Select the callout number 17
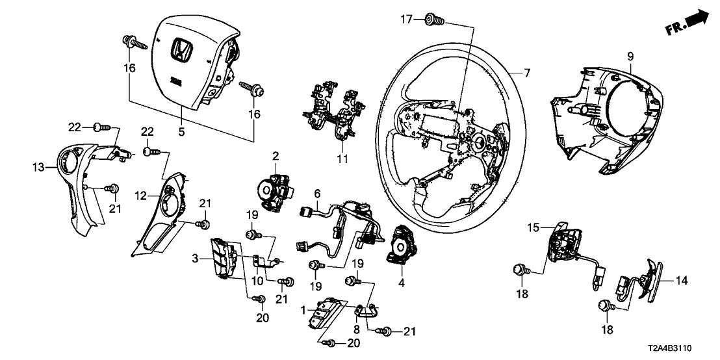tap(406, 19)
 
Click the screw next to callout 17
tap(433, 20)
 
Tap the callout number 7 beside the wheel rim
tap(528, 73)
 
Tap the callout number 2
tap(276, 156)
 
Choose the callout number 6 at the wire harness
tap(317, 193)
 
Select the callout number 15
tap(533, 228)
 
